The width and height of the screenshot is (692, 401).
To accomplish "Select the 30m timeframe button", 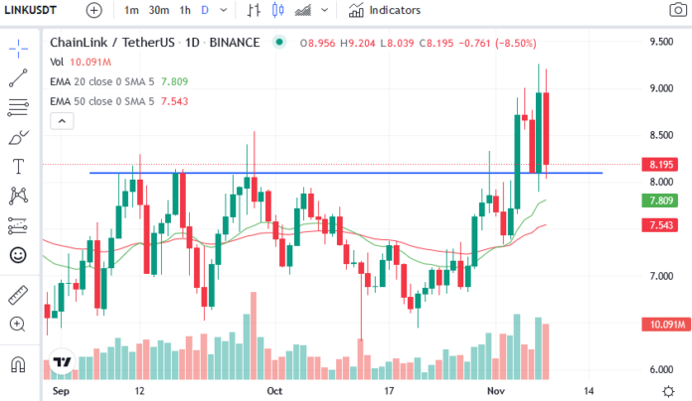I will click(x=158, y=10).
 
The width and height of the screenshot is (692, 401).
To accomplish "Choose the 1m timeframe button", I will click(x=131, y=10).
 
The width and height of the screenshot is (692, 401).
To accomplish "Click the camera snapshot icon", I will click(x=677, y=10).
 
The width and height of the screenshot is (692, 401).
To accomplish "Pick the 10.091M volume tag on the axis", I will click(x=657, y=324).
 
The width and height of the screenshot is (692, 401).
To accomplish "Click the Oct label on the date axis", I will click(x=275, y=391).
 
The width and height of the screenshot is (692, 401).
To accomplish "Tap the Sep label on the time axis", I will click(x=59, y=391).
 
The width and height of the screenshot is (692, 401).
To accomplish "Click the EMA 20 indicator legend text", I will click(x=104, y=81).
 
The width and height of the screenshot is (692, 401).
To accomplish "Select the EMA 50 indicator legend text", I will click(x=104, y=100).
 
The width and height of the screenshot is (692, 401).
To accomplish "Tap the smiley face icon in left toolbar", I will click(x=18, y=254).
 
